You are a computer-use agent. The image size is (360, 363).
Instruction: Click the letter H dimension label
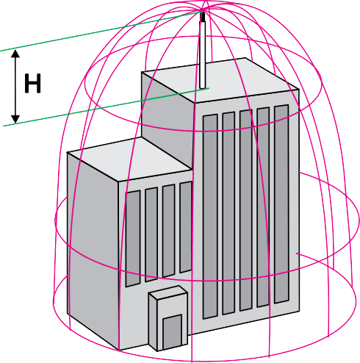point(32,84)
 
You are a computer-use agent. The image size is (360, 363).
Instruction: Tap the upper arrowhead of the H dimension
point(15,54)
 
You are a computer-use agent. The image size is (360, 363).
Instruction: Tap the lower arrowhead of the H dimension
point(15,119)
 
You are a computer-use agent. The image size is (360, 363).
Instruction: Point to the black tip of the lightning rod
point(203,17)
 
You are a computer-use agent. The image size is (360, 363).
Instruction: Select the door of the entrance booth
point(173,332)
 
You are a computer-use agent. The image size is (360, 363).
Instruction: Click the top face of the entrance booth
point(168,292)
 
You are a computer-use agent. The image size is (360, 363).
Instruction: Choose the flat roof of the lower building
point(130,159)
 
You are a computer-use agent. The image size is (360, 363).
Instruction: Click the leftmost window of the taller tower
point(210,217)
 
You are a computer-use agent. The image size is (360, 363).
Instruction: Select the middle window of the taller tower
point(246,210)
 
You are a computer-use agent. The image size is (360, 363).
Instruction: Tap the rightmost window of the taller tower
point(281,204)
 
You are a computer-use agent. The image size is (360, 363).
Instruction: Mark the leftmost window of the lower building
point(133,239)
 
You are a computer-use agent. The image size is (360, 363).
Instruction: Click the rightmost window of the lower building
point(186,227)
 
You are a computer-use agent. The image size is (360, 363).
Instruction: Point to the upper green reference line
point(101,31)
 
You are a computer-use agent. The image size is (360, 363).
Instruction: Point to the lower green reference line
point(106,107)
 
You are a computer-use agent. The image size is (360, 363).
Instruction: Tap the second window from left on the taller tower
point(228,214)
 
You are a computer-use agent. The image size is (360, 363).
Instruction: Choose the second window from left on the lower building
point(151,234)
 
